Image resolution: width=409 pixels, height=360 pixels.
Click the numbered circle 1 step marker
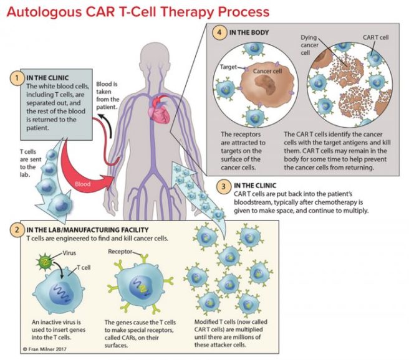[13, 79]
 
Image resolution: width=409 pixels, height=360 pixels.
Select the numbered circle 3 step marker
[223, 186]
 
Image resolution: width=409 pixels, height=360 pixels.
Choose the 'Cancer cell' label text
[269, 72]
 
